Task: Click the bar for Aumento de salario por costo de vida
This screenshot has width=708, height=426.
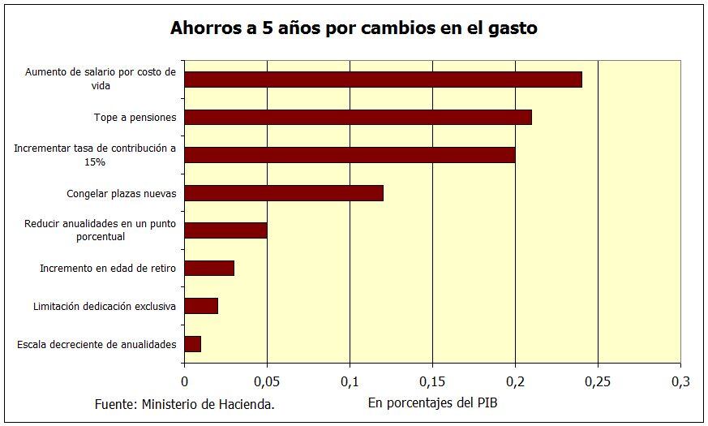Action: point(383,80)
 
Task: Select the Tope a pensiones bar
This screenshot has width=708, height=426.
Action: point(358,118)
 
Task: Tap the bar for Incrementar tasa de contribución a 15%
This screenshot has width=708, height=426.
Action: point(350,155)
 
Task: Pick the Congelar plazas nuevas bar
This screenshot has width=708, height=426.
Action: point(284,193)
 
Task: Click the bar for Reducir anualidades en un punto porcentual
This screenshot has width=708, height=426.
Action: point(225,230)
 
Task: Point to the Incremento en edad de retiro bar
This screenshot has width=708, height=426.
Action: point(209,268)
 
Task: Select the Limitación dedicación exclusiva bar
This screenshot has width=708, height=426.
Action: point(201,306)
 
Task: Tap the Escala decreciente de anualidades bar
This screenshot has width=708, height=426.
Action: point(193,343)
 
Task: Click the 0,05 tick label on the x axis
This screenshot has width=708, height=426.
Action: point(267,381)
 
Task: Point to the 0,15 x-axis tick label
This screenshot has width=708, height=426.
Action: point(432,381)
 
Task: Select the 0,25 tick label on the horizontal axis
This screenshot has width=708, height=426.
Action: point(598,381)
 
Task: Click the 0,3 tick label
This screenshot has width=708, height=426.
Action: point(680,381)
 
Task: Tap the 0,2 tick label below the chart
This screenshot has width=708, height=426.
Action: point(515,381)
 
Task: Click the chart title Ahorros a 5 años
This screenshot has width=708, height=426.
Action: point(354,28)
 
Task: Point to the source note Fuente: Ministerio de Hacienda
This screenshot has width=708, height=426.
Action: point(184,404)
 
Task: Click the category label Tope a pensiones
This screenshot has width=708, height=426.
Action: point(135,118)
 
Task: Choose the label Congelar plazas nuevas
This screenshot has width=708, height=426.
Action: point(121,193)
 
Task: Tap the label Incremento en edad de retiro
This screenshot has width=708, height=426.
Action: point(108,268)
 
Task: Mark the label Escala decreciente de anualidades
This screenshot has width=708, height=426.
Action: point(97,344)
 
